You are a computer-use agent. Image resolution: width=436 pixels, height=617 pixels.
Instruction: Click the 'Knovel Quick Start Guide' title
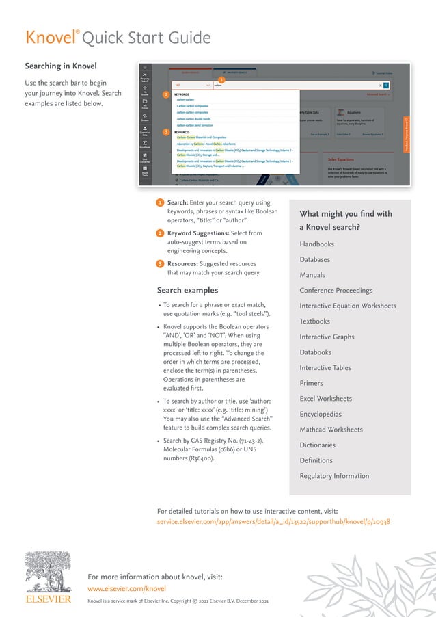click(x=118, y=37)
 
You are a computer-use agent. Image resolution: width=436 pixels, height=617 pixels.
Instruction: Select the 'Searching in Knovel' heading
click(x=61, y=66)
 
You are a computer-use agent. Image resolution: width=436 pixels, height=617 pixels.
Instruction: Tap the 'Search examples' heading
click(x=187, y=290)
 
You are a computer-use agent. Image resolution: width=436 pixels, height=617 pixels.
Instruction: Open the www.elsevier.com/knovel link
click(x=127, y=588)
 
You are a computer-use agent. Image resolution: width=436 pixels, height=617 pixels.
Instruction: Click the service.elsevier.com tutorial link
click(x=273, y=521)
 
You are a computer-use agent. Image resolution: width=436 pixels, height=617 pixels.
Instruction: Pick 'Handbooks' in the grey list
click(x=316, y=244)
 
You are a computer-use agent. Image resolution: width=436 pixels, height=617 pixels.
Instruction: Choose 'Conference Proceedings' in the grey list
click(x=336, y=291)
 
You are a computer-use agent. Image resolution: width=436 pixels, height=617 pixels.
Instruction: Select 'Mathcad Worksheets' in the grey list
click(x=331, y=430)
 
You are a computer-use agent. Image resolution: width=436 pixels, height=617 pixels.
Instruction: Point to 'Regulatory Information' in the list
click(x=334, y=476)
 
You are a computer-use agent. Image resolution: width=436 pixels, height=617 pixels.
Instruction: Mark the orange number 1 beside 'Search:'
click(x=159, y=203)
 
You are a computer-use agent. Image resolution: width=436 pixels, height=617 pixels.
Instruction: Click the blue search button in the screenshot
click(x=386, y=86)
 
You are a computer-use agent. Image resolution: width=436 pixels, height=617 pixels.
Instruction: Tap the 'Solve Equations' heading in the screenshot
click(x=341, y=159)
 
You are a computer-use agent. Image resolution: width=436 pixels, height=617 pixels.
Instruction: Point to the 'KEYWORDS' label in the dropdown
click(x=182, y=94)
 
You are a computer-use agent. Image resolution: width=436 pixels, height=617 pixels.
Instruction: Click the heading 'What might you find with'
click(x=346, y=214)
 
